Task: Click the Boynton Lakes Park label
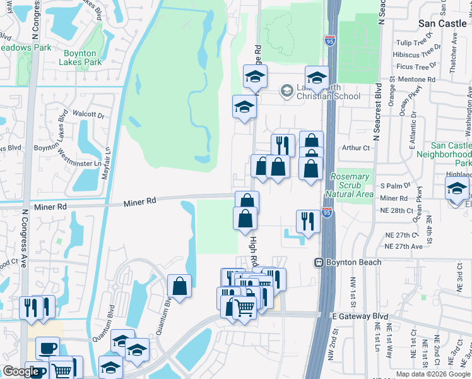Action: pos(80,57)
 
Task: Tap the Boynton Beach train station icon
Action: pos(319,262)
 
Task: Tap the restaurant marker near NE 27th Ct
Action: pos(307,222)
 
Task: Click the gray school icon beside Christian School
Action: pos(286,91)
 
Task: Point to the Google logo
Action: pos(21,371)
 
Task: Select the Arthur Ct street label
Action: pos(355,148)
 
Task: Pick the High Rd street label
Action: pos(254,251)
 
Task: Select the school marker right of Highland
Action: pos(457,189)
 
